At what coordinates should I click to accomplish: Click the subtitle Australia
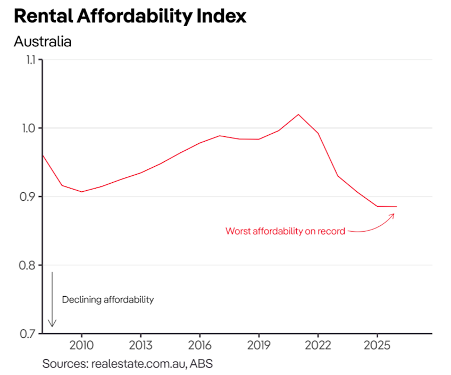[43, 41]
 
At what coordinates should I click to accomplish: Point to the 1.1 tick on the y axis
[27, 60]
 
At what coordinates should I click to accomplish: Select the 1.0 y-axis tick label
[27, 128]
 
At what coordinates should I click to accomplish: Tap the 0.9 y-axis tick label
[27, 197]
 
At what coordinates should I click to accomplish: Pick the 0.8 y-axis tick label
[27, 265]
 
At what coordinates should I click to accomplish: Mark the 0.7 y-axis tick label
[27, 334]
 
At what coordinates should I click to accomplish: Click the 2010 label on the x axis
[81, 346]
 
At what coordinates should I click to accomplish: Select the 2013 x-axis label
[140, 346]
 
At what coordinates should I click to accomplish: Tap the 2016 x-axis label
[199, 346]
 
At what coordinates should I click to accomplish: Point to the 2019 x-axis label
[258, 346]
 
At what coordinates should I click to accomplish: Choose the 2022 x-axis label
[318, 346]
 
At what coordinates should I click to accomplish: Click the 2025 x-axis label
[377, 346]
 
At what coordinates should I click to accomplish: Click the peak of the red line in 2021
[298, 115]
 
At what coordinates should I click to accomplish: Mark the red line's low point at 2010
[81, 192]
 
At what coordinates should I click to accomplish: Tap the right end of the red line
[396, 207]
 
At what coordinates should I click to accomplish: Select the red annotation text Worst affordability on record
[285, 231]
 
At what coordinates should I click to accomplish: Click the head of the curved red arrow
[394, 214]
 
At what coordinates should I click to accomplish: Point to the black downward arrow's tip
[52, 326]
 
